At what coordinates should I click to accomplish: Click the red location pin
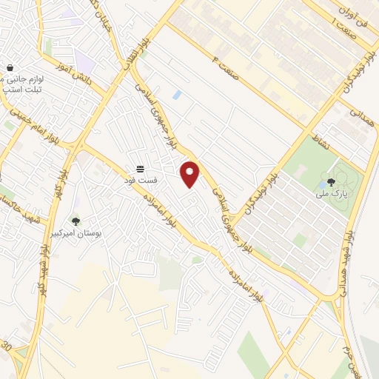pyautogui.click(x=191, y=173)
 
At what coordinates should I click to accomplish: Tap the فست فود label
pyautogui.click(x=140, y=178)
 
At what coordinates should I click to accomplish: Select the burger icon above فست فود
pyautogui.click(x=140, y=167)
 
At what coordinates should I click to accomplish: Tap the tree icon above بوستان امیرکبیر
pyautogui.click(x=76, y=221)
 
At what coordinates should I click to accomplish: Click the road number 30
pyautogui.click(x=7, y=346)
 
